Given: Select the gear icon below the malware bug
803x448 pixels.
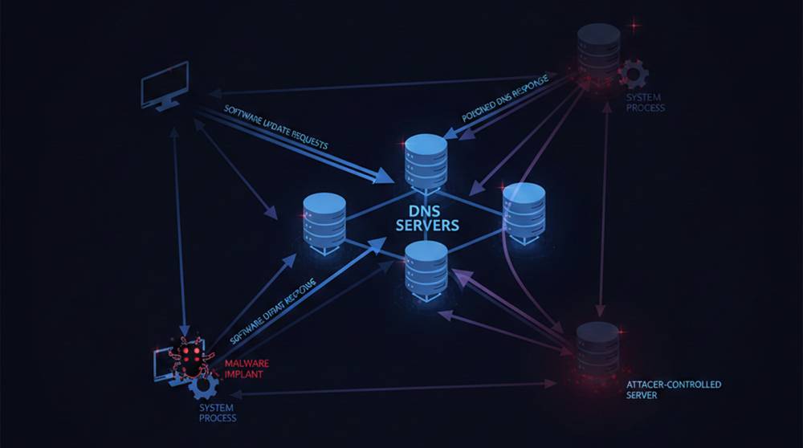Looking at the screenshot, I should pos(204,386).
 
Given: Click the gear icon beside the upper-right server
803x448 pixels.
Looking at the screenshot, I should pos(634,74).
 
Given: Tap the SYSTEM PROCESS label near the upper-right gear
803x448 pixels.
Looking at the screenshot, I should pos(645,102).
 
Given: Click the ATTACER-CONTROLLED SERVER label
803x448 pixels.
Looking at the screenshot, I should pos(673,390).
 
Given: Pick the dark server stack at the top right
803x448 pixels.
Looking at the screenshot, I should pos(598,51).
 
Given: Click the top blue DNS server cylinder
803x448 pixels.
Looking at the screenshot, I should pos(426,160).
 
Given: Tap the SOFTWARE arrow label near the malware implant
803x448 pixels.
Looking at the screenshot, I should pos(273,309).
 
